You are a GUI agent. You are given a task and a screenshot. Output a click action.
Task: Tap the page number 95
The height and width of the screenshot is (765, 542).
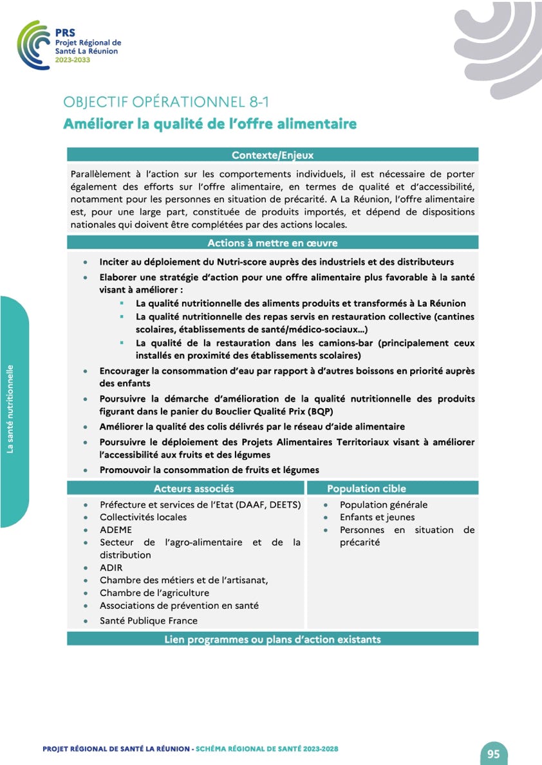[x=493, y=753]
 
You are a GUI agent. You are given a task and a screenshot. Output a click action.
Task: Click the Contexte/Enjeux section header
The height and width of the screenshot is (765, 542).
[x=272, y=155]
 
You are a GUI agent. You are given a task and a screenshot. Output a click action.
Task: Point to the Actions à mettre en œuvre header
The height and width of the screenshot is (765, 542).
[x=272, y=243]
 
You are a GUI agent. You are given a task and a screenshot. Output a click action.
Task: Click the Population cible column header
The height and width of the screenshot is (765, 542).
[x=366, y=489]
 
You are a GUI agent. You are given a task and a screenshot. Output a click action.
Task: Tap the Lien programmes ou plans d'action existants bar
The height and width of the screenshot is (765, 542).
[x=272, y=639]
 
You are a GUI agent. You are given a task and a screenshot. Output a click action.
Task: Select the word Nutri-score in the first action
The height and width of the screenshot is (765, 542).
[x=229, y=262]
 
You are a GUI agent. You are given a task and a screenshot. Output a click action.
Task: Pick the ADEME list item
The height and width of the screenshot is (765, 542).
[x=116, y=530]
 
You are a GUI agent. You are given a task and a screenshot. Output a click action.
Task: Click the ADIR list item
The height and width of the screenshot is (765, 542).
[x=111, y=568]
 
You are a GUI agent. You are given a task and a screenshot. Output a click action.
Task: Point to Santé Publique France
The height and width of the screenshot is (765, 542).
[x=148, y=621]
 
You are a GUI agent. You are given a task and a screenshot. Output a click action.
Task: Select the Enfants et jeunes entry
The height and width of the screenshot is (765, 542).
[x=377, y=517]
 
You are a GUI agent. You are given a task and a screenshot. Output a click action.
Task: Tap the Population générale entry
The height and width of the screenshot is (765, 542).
[x=384, y=505]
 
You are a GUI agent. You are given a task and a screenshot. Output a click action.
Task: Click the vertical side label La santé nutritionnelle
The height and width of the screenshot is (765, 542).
[x=10, y=410]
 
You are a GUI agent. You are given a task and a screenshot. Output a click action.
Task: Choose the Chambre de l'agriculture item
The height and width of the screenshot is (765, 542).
[x=154, y=593]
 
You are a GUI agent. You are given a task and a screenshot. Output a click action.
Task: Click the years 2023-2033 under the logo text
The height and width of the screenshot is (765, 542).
[x=73, y=60]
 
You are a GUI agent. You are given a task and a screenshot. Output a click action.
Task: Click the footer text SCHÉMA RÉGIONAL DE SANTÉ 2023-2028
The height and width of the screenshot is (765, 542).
[x=266, y=749]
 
